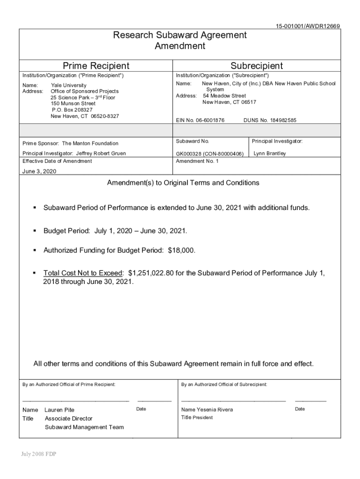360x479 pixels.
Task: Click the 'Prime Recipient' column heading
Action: [96, 66]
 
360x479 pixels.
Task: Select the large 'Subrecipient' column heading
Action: [257, 66]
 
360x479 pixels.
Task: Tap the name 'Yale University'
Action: [68, 86]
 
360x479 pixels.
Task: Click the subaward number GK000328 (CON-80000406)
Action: [209, 153]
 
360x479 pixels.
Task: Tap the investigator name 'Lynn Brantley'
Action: [270, 153]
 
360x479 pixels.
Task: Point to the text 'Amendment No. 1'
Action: [197, 161]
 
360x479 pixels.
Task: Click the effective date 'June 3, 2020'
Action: [39, 172]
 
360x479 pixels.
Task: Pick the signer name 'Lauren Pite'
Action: [59, 410]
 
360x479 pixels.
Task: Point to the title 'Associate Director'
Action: [69, 419]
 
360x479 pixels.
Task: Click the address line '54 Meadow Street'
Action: [224, 96]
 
